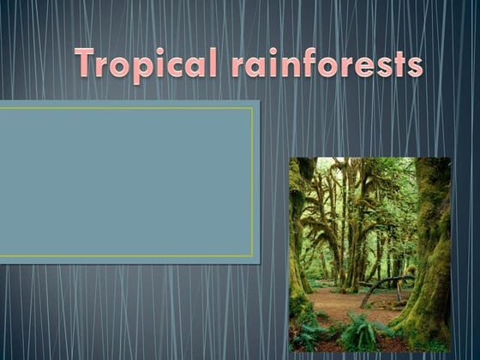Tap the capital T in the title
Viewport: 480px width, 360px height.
tap(87, 61)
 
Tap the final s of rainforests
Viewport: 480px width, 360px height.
tap(414, 66)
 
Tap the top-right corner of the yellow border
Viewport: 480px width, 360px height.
tap(253, 108)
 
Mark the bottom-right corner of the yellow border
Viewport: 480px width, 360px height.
tap(253, 255)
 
